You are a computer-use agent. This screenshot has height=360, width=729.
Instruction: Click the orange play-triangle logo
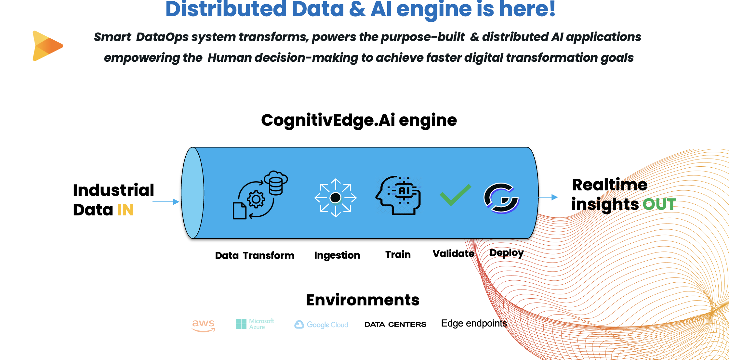(x=47, y=46)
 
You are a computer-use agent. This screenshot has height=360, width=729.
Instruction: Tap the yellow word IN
(x=125, y=210)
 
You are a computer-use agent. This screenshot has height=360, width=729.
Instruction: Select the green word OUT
(x=659, y=204)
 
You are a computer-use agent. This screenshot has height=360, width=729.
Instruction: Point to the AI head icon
(x=398, y=195)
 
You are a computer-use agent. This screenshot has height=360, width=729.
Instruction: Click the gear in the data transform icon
(x=256, y=199)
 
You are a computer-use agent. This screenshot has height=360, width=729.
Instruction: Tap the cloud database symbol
(x=276, y=182)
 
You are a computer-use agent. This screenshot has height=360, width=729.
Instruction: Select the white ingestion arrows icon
(x=336, y=198)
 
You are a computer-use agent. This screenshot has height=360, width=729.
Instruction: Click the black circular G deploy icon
(x=501, y=198)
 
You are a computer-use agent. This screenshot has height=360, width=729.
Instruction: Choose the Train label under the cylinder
(x=398, y=254)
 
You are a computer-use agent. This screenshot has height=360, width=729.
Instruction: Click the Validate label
(x=453, y=253)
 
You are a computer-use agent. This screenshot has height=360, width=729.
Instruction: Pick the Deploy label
(x=507, y=253)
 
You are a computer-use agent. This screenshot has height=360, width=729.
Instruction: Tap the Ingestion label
(x=337, y=255)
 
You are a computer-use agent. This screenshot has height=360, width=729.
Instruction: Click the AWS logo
(x=204, y=325)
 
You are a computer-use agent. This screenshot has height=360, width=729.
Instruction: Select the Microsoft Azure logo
(x=255, y=324)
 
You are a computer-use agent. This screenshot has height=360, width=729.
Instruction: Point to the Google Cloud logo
(x=321, y=325)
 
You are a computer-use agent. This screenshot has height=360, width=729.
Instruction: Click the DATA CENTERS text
(x=395, y=324)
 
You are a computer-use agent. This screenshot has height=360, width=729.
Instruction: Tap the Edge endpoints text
(x=474, y=323)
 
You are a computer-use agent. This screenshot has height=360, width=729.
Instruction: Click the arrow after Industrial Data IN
(x=166, y=202)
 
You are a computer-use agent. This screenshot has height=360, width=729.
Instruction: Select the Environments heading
(x=363, y=300)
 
